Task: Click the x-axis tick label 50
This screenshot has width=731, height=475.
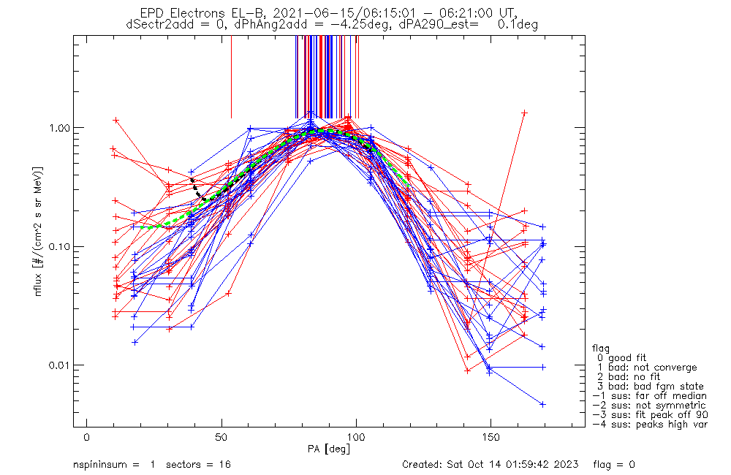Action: point(221,438)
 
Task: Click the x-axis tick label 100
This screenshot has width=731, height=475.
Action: point(356,438)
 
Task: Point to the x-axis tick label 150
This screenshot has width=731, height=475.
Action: point(491,438)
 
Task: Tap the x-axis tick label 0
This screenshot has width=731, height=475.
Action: point(87,438)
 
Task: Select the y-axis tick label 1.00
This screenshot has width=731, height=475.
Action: point(56,128)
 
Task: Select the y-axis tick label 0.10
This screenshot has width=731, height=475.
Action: point(56,246)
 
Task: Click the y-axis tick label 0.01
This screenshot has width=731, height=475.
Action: point(56,365)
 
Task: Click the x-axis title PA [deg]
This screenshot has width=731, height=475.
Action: point(330,449)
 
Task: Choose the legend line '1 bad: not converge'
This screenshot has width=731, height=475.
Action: point(647,368)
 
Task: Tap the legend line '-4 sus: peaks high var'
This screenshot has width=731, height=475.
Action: point(650,425)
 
